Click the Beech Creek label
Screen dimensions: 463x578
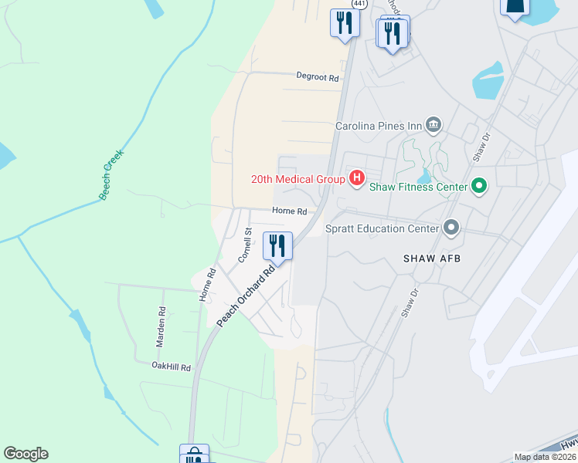(x=111, y=175)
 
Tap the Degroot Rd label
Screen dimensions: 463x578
(x=318, y=77)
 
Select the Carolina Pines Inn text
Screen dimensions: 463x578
(x=378, y=126)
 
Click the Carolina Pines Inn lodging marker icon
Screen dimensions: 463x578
(x=433, y=125)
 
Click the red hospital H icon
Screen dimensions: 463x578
(x=356, y=179)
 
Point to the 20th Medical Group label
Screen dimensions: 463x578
(x=297, y=179)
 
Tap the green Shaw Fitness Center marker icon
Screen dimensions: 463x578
(x=479, y=186)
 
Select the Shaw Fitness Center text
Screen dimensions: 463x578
(x=418, y=187)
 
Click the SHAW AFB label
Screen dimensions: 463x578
(x=432, y=259)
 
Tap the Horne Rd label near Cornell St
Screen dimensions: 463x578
(x=289, y=211)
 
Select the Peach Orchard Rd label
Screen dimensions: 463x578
(x=246, y=296)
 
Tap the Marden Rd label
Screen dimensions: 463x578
(x=161, y=322)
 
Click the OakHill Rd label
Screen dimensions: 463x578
(x=171, y=367)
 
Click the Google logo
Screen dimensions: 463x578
(x=25, y=454)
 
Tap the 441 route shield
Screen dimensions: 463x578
(x=359, y=4)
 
